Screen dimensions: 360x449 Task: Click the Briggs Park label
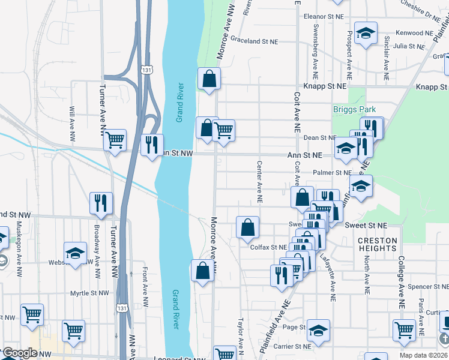[x=354, y=110]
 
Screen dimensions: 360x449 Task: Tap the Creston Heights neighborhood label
[x=378, y=244]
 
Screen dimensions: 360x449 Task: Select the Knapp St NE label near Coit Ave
[x=325, y=86]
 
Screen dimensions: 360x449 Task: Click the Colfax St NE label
[x=268, y=247]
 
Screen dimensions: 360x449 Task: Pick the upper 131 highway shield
[x=147, y=70]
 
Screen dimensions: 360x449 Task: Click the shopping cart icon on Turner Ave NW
[x=115, y=140]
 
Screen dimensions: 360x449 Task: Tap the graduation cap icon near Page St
[x=318, y=330]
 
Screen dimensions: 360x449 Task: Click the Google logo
[x=20, y=353]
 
